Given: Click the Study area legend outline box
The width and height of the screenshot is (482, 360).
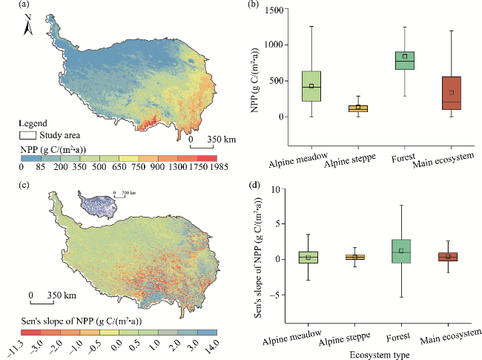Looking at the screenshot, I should click(x=27, y=135).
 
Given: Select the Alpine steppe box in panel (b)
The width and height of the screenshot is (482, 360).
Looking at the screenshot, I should click(x=358, y=108).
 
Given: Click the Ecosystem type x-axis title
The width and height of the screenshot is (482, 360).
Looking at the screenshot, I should click(x=380, y=353).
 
